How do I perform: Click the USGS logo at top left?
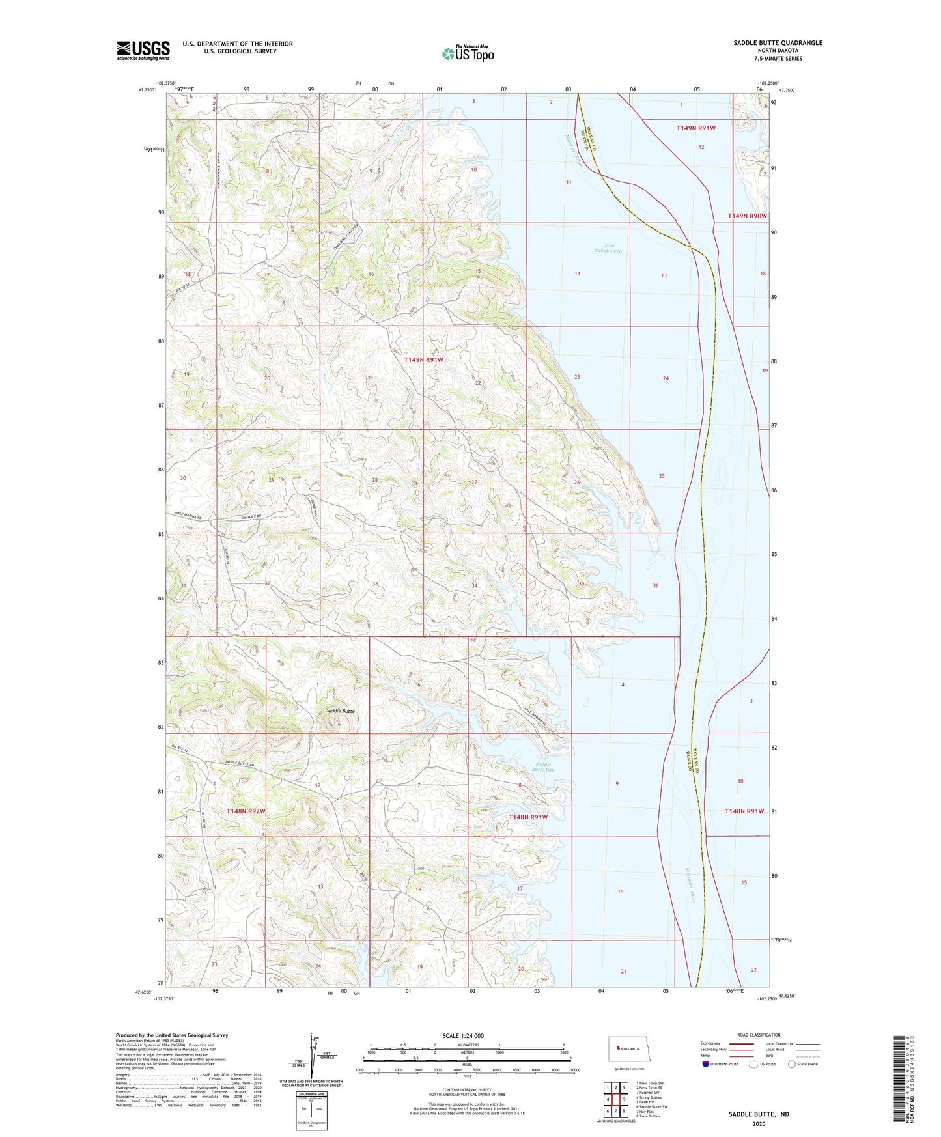143,50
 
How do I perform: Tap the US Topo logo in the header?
468,53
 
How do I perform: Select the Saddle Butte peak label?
340,711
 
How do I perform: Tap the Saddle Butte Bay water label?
543,766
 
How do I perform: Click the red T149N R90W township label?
747,216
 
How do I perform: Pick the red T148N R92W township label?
246,811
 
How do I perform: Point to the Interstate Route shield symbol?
705,1064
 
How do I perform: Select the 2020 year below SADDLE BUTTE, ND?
758,1124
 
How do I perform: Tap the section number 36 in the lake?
656,585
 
